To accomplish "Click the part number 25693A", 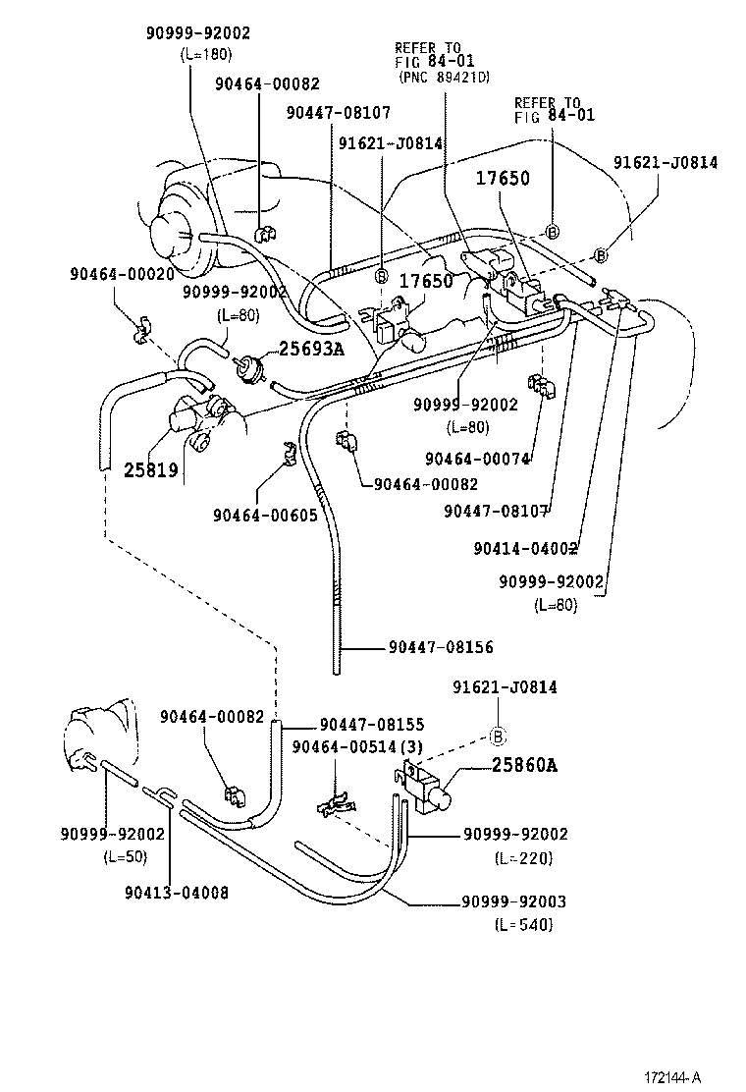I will click(312, 348).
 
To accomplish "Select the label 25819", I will click(150, 469).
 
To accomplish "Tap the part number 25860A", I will click(509, 765).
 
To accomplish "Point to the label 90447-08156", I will click(440, 647).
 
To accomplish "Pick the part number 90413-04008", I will click(177, 893).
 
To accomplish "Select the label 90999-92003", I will click(514, 902).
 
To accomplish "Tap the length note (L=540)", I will click(524, 925).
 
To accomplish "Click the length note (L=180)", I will click(206, 54).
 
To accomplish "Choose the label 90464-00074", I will click(477, 459).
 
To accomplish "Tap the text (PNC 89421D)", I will click(444, 77).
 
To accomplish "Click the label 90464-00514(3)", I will click(357, 746).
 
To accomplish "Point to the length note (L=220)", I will click(524, 857).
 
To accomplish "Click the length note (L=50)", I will click(126, 857).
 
